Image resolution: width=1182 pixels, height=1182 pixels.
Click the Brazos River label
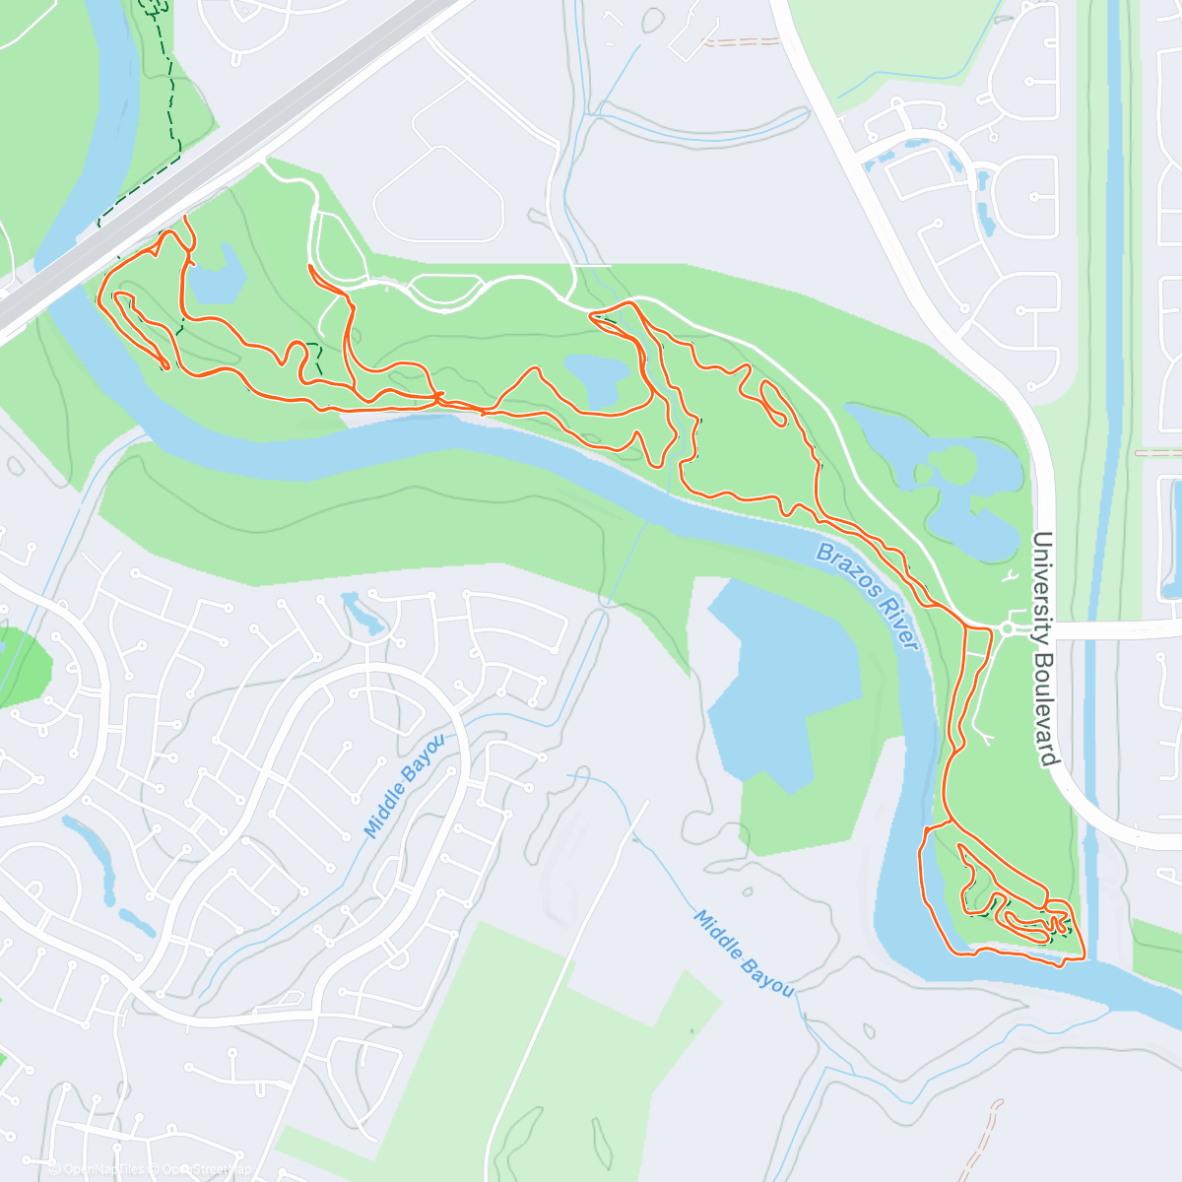(x=868, y=596)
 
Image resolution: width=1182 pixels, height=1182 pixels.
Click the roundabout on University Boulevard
(x=1008, y=628)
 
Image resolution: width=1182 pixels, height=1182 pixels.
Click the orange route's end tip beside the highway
(x=184, y=216)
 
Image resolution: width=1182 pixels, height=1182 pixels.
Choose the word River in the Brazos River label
(x=896, y=626)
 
